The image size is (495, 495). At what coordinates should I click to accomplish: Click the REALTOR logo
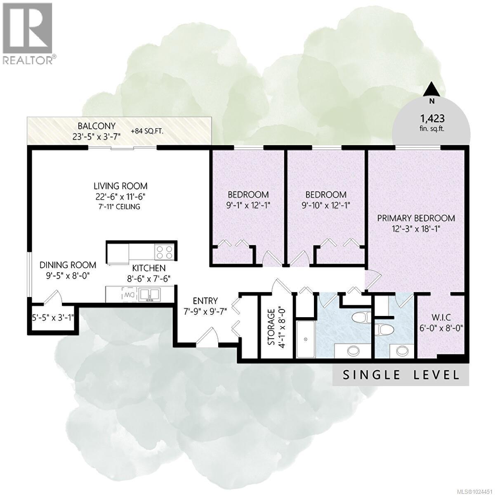tap(28, 33)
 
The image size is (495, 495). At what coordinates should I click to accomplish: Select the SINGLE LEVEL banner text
tap(401, 375)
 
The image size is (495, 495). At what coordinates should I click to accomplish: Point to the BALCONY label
tap(97, 126)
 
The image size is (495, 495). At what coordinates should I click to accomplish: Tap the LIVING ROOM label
tap(120, 186)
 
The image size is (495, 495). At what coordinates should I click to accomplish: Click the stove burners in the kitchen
tap(165, 251)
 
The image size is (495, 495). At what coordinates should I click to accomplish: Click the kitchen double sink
tap(149, 294)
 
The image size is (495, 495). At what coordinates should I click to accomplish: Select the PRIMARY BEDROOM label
tap(416, 218)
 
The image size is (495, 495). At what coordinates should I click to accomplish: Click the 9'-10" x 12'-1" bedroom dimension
tap(325, 205)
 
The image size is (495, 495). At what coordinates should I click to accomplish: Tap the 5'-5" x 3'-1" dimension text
tap(51, 318)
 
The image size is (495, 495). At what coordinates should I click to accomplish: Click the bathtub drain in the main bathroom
tap(306, 339)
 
